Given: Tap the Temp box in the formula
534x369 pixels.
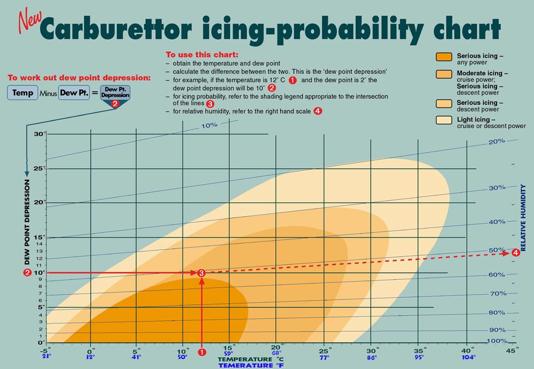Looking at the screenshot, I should click(22, 92).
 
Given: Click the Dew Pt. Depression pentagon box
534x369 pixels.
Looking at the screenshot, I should click(115, 93).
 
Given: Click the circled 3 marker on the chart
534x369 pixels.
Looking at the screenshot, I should click(201, 273).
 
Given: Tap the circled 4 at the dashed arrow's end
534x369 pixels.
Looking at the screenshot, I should click(515, 253).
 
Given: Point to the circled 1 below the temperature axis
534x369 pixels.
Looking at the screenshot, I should click(202, 352).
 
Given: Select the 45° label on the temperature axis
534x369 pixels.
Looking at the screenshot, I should click(512, 350).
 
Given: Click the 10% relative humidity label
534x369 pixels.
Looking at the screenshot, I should click(210, 126).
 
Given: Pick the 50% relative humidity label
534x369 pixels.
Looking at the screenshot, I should click(497, 250).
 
